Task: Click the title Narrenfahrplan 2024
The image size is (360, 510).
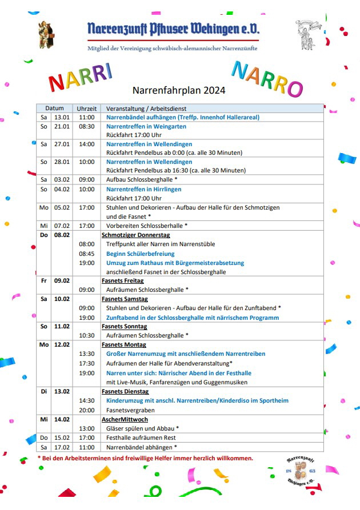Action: click(x=179, y=90)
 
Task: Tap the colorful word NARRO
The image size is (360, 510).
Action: click(x=267, y=79)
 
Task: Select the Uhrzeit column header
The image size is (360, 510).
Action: click(x=87, y=108)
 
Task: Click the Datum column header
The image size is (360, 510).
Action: click(x=55, y=108)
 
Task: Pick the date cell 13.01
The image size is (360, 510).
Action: click(x=62, y=117)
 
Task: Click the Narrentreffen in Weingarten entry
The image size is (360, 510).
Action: click(x=146, y=126)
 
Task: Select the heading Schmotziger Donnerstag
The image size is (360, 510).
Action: click(x=135, y=235)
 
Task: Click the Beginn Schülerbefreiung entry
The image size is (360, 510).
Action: click(x=141, y=254)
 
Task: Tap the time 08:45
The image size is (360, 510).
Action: click(x=87, y=254)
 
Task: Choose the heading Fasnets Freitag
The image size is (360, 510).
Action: click(x=123, y=281)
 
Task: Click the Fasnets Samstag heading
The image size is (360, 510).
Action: click(x=125, y=299)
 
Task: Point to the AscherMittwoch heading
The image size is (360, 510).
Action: click(x=126, y=419)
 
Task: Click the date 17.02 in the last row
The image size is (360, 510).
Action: click(x=62, y=447)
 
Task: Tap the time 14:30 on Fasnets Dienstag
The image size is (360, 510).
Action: click(x=87, y=401)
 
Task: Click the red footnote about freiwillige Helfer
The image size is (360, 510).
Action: click(x=145, y=458)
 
